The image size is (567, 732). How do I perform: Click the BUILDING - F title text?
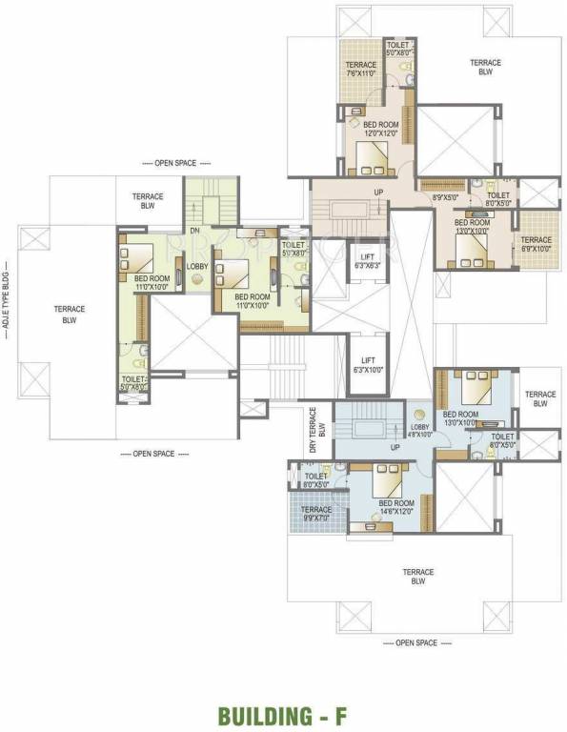(284, 714)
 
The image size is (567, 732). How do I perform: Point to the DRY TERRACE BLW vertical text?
(316, 421)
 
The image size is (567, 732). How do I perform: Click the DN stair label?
(195, 230)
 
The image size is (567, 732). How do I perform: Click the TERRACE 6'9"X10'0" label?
(536, 244)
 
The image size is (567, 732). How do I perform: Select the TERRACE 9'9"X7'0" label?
(316, 515)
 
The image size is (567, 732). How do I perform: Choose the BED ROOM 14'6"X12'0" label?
(396, 507)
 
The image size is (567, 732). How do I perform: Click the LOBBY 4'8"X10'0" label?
(420, 431)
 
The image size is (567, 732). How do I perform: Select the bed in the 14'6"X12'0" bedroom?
(388, 477)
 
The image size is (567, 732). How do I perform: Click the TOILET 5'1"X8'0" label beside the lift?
(294, 249)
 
